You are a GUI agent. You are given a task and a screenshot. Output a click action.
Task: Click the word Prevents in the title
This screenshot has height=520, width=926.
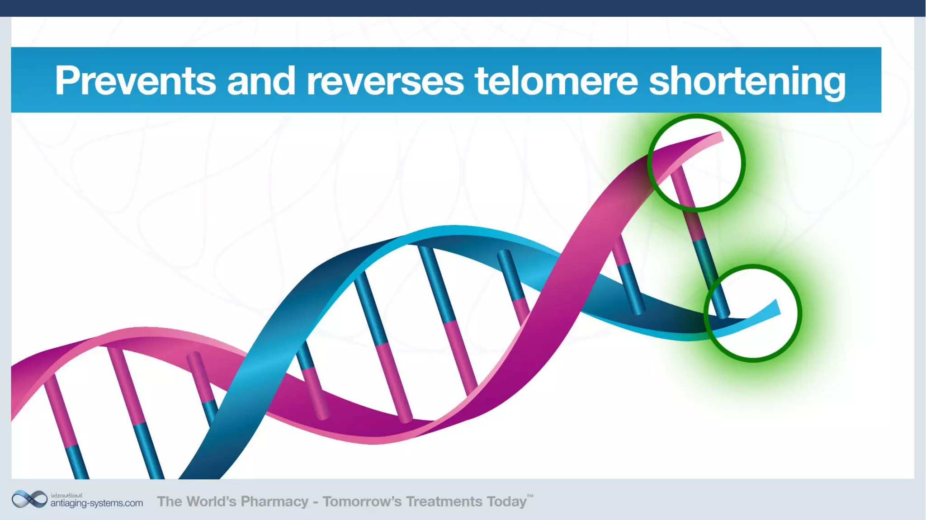click(x=135, y=80)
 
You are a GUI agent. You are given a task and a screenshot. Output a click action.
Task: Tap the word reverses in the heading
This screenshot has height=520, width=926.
click(x=385, y=80)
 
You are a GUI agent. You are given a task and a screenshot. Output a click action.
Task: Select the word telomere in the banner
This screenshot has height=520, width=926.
click(x=556, y=80)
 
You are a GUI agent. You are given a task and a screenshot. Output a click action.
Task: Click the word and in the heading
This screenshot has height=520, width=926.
click(x=261, y=80)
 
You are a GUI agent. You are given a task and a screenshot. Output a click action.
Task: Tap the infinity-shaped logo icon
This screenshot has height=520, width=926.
click(x=29, y=500)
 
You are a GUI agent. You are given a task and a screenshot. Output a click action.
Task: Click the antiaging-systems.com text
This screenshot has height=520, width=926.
click(x=96, y=503)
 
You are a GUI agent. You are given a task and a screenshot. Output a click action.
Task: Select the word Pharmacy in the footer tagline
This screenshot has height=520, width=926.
click(x=274, y=501)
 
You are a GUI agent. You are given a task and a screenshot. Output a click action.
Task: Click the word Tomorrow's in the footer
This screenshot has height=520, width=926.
click(x=362, y=501)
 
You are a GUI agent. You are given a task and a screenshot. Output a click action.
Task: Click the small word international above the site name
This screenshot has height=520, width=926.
click(x=66, y=495)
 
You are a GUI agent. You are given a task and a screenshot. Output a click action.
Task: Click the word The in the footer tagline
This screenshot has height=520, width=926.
click(x=169, y=501)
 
